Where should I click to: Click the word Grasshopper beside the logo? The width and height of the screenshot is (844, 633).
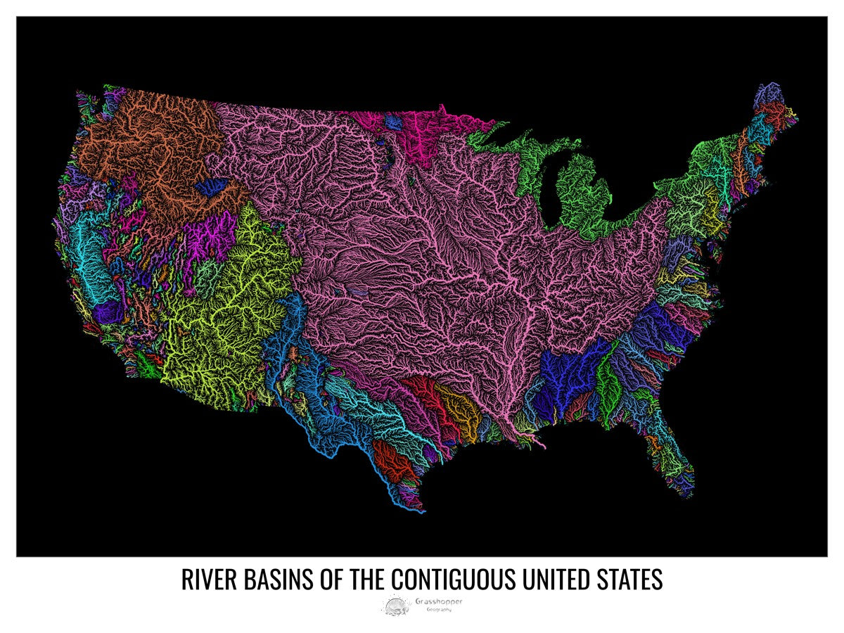point(444,601)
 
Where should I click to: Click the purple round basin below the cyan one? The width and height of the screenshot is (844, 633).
point(109,309)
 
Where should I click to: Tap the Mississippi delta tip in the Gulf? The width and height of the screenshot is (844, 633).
point(542,445)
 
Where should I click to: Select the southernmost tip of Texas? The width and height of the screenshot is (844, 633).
point(420,511)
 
